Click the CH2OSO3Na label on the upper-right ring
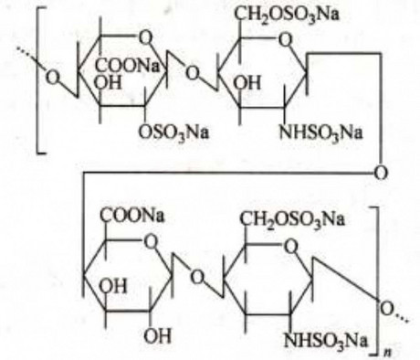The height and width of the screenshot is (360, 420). (287, 16)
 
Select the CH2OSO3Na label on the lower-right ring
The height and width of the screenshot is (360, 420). (292, 219)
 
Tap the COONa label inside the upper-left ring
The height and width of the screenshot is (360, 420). (128, 66)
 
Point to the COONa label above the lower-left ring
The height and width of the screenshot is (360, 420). (132, 216)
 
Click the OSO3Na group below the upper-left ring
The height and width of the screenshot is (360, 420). (173, 133)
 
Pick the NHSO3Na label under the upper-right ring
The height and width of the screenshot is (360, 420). (320, 133)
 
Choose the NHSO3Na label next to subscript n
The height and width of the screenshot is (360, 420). (325, 341)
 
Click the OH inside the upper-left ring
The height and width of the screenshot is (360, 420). (108, 82)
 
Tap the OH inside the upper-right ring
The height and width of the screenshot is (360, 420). (248, 82)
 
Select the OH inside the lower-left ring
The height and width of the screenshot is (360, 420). (112, 286)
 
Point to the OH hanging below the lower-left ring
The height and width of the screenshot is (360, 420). (157, 336)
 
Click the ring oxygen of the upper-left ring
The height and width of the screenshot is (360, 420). (145, 38)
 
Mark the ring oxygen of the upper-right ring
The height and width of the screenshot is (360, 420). (285, 39)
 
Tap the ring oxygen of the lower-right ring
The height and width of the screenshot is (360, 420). (290, 246)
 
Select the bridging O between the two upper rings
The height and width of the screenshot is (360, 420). (193, 73)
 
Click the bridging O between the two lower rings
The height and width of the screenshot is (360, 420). (197, 278)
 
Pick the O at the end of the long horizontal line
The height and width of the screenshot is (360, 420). (381, 173)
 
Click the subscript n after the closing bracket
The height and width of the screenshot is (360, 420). (387, 352)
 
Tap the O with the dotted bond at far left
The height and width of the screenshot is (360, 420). (52, 78)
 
